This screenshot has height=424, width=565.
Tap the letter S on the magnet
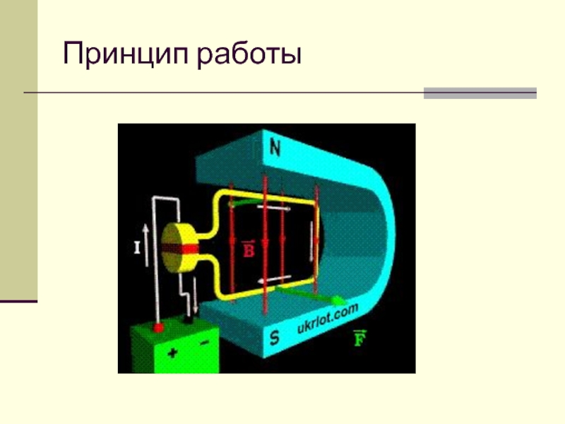tap(274, 339)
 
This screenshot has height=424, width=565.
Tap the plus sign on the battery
tap(172, 351)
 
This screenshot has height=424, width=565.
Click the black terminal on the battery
tap(189, 320)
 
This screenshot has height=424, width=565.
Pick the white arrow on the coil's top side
tap(274, 208)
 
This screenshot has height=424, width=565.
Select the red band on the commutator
tap(185, 249)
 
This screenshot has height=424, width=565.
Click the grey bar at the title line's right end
tap(480, 93)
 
